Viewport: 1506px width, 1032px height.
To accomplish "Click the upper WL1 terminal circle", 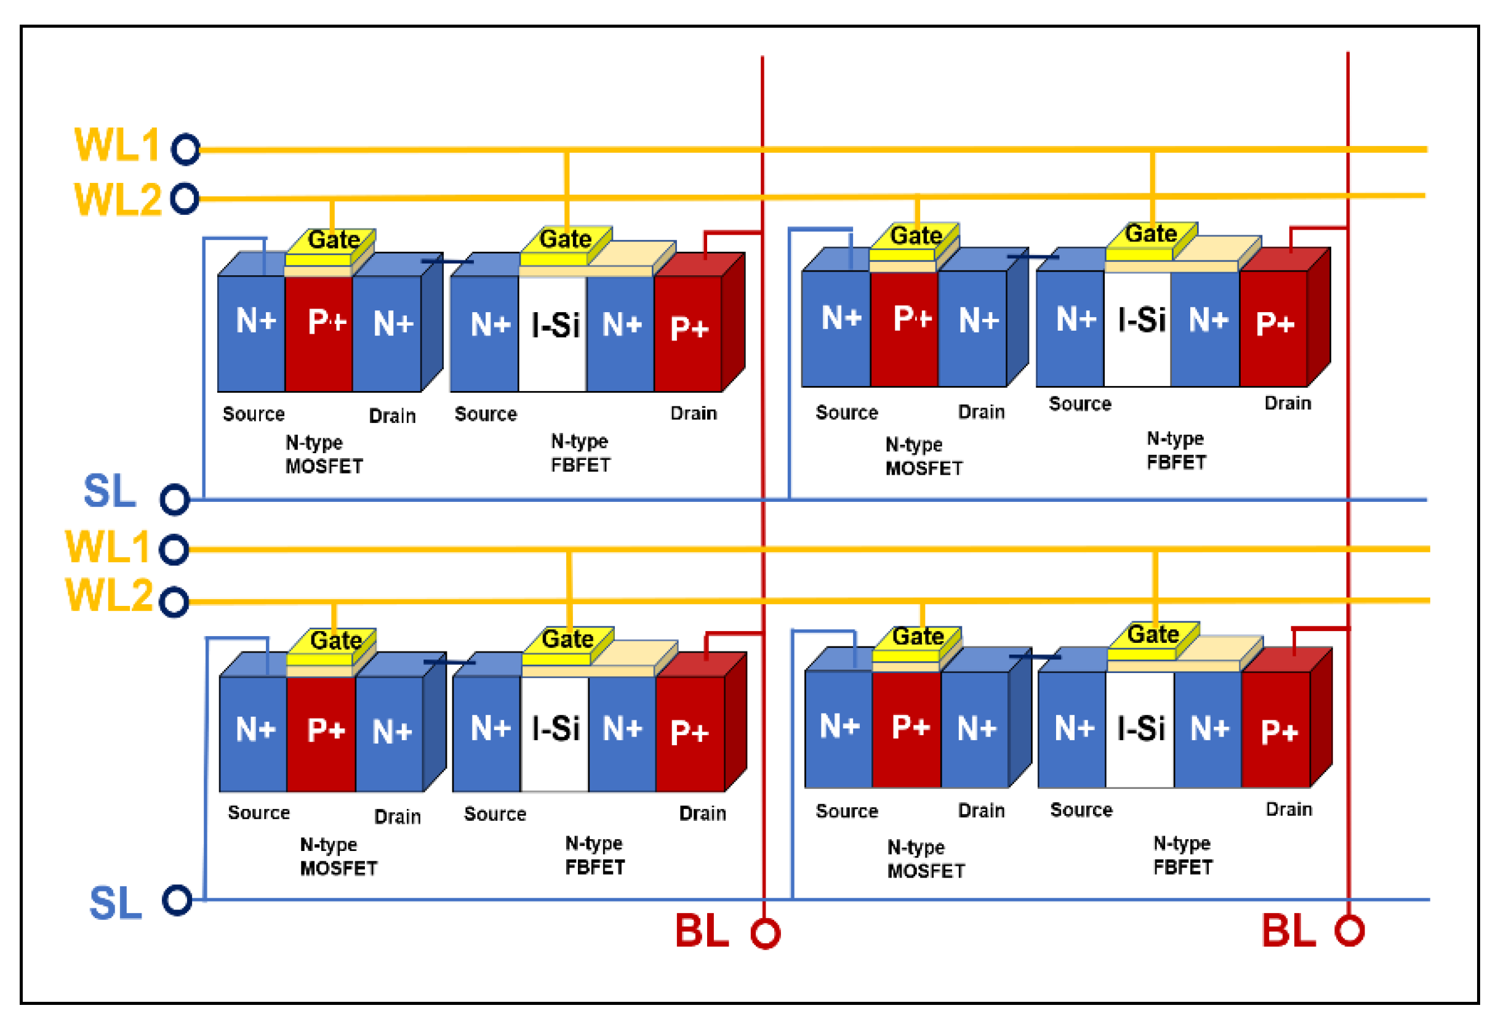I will [x=186, y=150].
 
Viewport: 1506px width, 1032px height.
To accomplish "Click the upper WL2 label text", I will [x=118, y=199].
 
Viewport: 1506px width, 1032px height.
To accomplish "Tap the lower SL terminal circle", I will [x=177, y=900].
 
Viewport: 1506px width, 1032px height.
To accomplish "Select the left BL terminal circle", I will [x=766, y=933].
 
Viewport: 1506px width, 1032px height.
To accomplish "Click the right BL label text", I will [x=1288, y=932].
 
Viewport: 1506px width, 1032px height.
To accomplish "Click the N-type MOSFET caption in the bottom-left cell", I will [x=338, y=857].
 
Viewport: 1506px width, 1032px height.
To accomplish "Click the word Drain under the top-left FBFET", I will [x=694, y=414].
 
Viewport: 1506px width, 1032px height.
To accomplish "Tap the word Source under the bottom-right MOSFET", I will [x=847, y=812].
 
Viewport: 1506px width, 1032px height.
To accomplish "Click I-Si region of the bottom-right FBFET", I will [x=1140, y=729].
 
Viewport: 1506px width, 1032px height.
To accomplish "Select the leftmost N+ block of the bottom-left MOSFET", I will [x=254, y=733].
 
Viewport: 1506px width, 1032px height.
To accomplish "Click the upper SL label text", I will [x=110, y=491].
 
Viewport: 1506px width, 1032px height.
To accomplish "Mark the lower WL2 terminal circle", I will [x=174, y=602].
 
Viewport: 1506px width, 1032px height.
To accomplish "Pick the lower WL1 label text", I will [x=108, y=547].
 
